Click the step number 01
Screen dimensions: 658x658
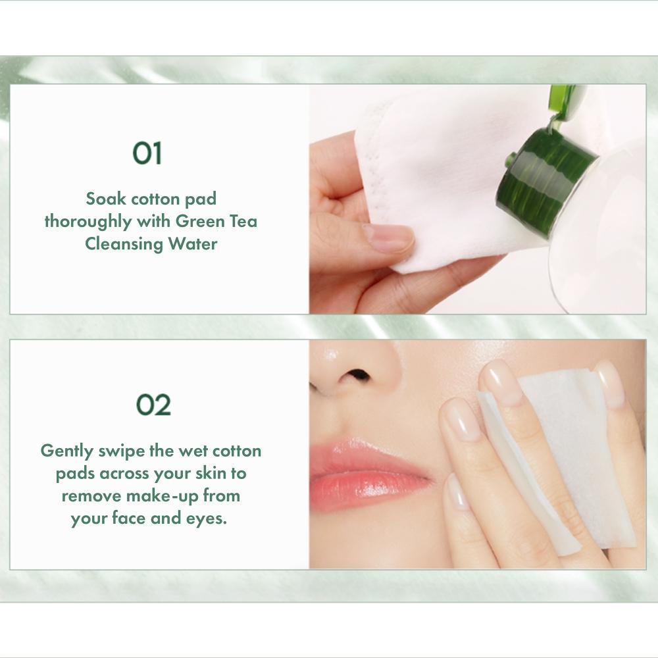[x=147, y=153]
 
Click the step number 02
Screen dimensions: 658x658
[x=153, y=405]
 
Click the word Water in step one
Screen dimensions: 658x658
[x=192, y=243]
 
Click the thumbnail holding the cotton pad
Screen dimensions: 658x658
[x=388, y=238]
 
